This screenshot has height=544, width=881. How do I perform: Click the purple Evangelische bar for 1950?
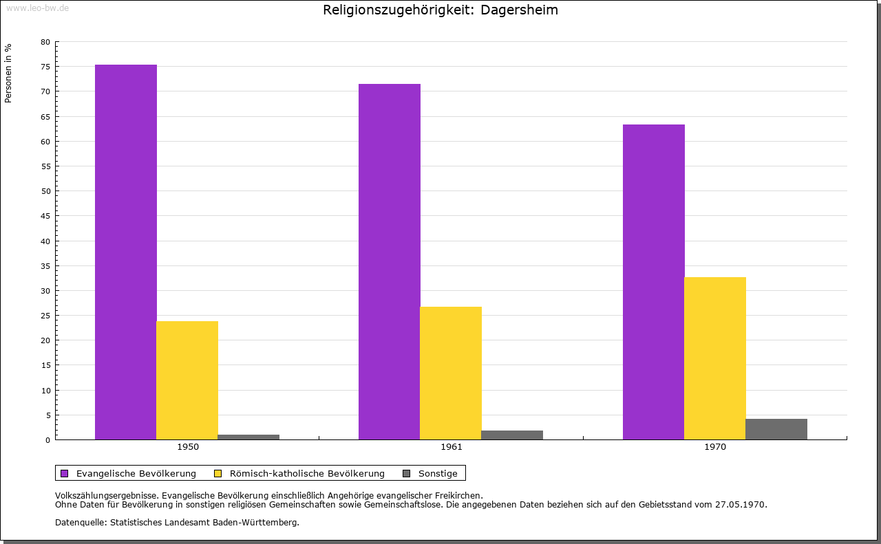click(x=126, y=252)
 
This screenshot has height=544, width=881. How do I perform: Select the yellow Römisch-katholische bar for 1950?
click(x=187, y=380)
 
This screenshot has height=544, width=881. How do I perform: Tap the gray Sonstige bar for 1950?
click(x=248, y=437)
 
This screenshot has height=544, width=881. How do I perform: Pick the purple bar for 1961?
click(x=390, y=261)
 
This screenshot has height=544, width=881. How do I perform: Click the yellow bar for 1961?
click(x=451, y=373)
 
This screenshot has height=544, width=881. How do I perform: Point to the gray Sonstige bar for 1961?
click(x=512, y=435)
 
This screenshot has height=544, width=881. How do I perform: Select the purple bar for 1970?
click(x=653, y=282)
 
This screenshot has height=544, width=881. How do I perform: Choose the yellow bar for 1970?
click(x=714, y=358)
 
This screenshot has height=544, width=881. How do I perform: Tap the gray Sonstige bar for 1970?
click(x=776, y=429)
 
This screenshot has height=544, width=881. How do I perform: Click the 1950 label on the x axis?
click(x=188, y=447)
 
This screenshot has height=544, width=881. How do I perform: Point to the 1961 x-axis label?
click(x=452, y=447)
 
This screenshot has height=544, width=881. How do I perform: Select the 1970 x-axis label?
click(x=715, y=447)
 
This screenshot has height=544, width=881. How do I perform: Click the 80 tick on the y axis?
click(x=45, y=42)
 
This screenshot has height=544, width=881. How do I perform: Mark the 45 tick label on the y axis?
click(x=45, y=216)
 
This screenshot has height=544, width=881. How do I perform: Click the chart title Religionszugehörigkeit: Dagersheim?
click(x=440, y=10)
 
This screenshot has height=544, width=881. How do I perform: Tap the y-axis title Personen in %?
click(x=8, y=74)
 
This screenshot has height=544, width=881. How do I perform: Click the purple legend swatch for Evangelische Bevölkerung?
click(x=65, y=473)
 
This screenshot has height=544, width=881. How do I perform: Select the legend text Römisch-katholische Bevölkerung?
click(x=307, y=473)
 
